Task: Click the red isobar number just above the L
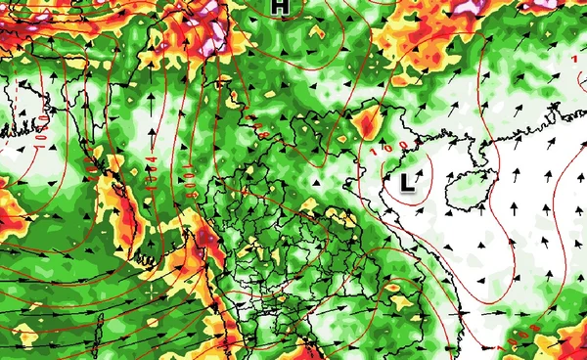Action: coord(388,149)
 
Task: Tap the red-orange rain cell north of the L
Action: coord(368,123)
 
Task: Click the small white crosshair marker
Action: coord(150,290)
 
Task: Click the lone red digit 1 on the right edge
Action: coord(574,60)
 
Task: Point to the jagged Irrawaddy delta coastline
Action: coord(147,259)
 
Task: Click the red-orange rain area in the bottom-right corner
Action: coord(563,337)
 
